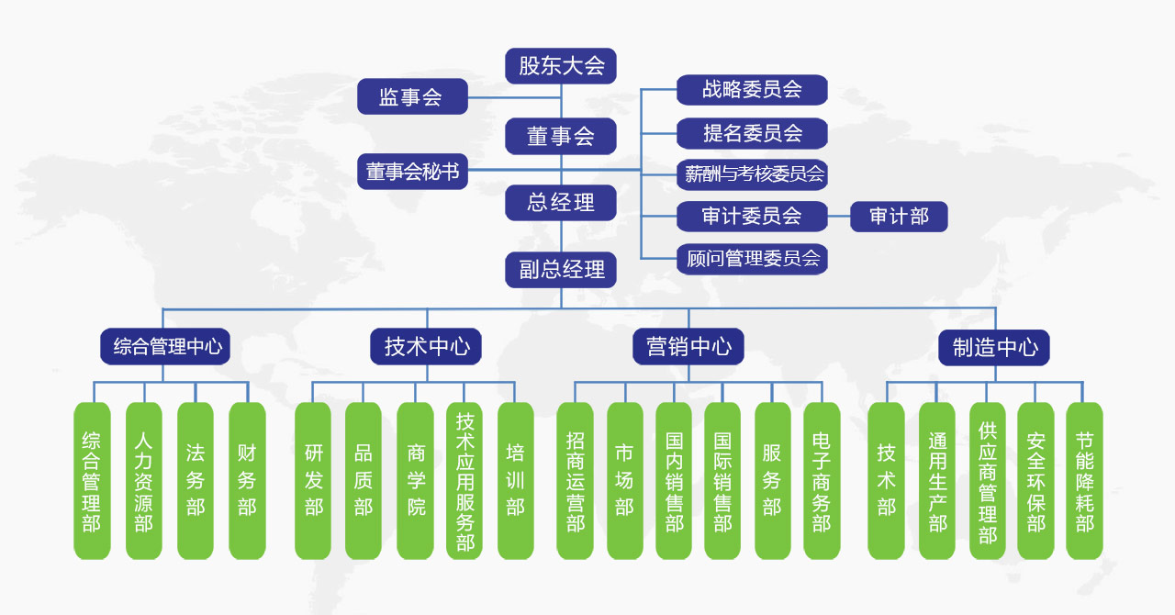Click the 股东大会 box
pos(561,66)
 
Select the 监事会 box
pos(411,96)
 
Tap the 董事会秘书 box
pos(412,172)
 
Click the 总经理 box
pos(561,203)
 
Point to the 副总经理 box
pos(561,270)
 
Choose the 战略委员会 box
pos(752,90)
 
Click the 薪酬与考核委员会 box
pos(752,173)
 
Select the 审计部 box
pos(899,217)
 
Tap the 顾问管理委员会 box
pos(752,259)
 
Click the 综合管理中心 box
pos(165,347)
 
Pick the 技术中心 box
pos(427,347)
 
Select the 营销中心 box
pos(688,347)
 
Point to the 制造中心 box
pos(994,347)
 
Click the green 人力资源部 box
pos(143,481)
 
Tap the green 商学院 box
pos(416,481)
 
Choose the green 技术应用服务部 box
pos(464,481)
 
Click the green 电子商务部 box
pos(822,481)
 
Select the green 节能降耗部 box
pos(1084,481)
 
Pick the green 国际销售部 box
pos(722,481)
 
